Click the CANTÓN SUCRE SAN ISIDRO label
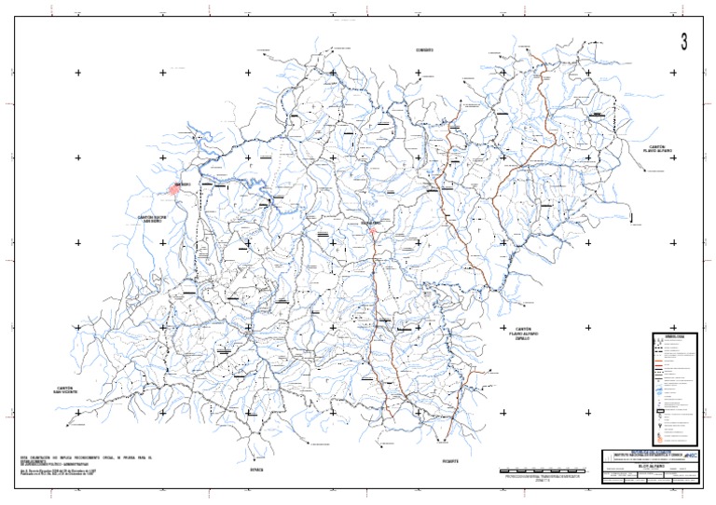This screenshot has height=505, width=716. coord(152,220)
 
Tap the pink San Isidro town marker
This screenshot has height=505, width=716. coord(174,189)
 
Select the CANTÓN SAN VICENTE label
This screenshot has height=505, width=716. coord(64,390)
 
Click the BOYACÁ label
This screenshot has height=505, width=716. coord(257,470)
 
